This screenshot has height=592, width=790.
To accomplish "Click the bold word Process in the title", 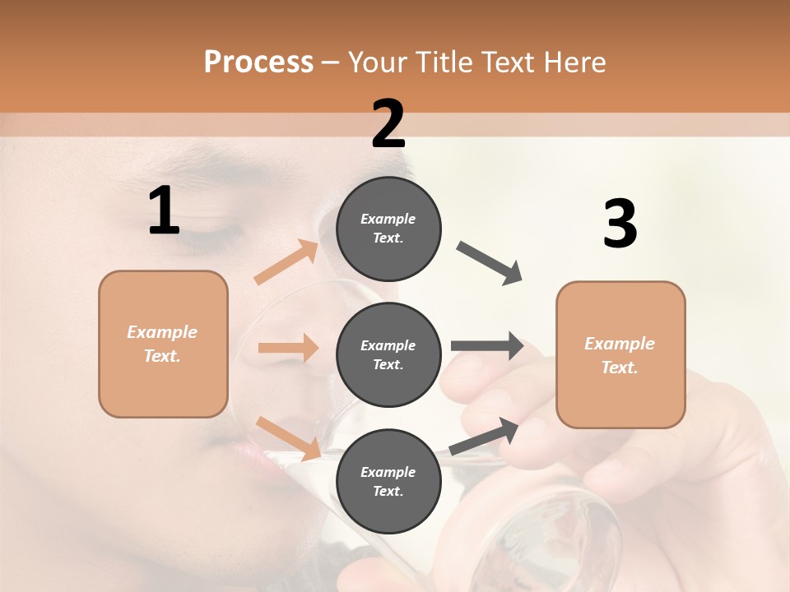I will coord(258,62).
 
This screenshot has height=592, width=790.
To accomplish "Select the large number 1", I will coord(164,211).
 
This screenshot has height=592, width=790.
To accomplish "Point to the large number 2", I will coord(388,124).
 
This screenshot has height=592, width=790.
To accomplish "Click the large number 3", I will coord(620,224).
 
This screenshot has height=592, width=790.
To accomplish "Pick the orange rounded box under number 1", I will coord(163,344).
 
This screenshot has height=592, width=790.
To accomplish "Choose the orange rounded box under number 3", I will coord(620,354).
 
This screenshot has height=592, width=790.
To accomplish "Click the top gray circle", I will coord(388,228).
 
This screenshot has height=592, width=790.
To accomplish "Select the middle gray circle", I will coord(388,354).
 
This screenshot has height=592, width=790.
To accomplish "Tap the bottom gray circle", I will coord(388,481).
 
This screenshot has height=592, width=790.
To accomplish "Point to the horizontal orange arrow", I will coord(288,348).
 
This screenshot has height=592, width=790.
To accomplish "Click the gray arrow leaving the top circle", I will coord(490,263).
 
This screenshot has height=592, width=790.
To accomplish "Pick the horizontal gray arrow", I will coord(487,346).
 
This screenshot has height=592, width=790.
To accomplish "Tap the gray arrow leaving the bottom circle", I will coord(485,437).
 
